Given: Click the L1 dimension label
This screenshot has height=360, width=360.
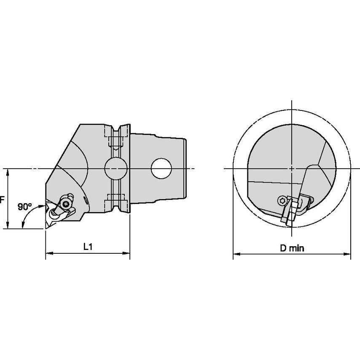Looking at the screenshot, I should (x=87, y=247).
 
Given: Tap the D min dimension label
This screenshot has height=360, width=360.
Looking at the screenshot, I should (x=292, y=248).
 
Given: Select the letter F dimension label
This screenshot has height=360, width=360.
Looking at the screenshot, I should (x=2, y=200).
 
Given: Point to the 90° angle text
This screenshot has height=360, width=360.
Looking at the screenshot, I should (x=25, y=207).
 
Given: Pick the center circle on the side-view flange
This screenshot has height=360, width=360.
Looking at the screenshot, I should (x=116, y=169).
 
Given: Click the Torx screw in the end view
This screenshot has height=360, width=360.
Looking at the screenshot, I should (x=282, y=200).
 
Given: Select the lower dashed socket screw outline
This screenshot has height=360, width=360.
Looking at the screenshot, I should (x=116, y=197).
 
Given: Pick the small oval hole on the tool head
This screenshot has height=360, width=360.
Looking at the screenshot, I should (x=86, y=202).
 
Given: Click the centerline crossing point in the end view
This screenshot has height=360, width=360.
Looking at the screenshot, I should (x=292, y=169).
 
